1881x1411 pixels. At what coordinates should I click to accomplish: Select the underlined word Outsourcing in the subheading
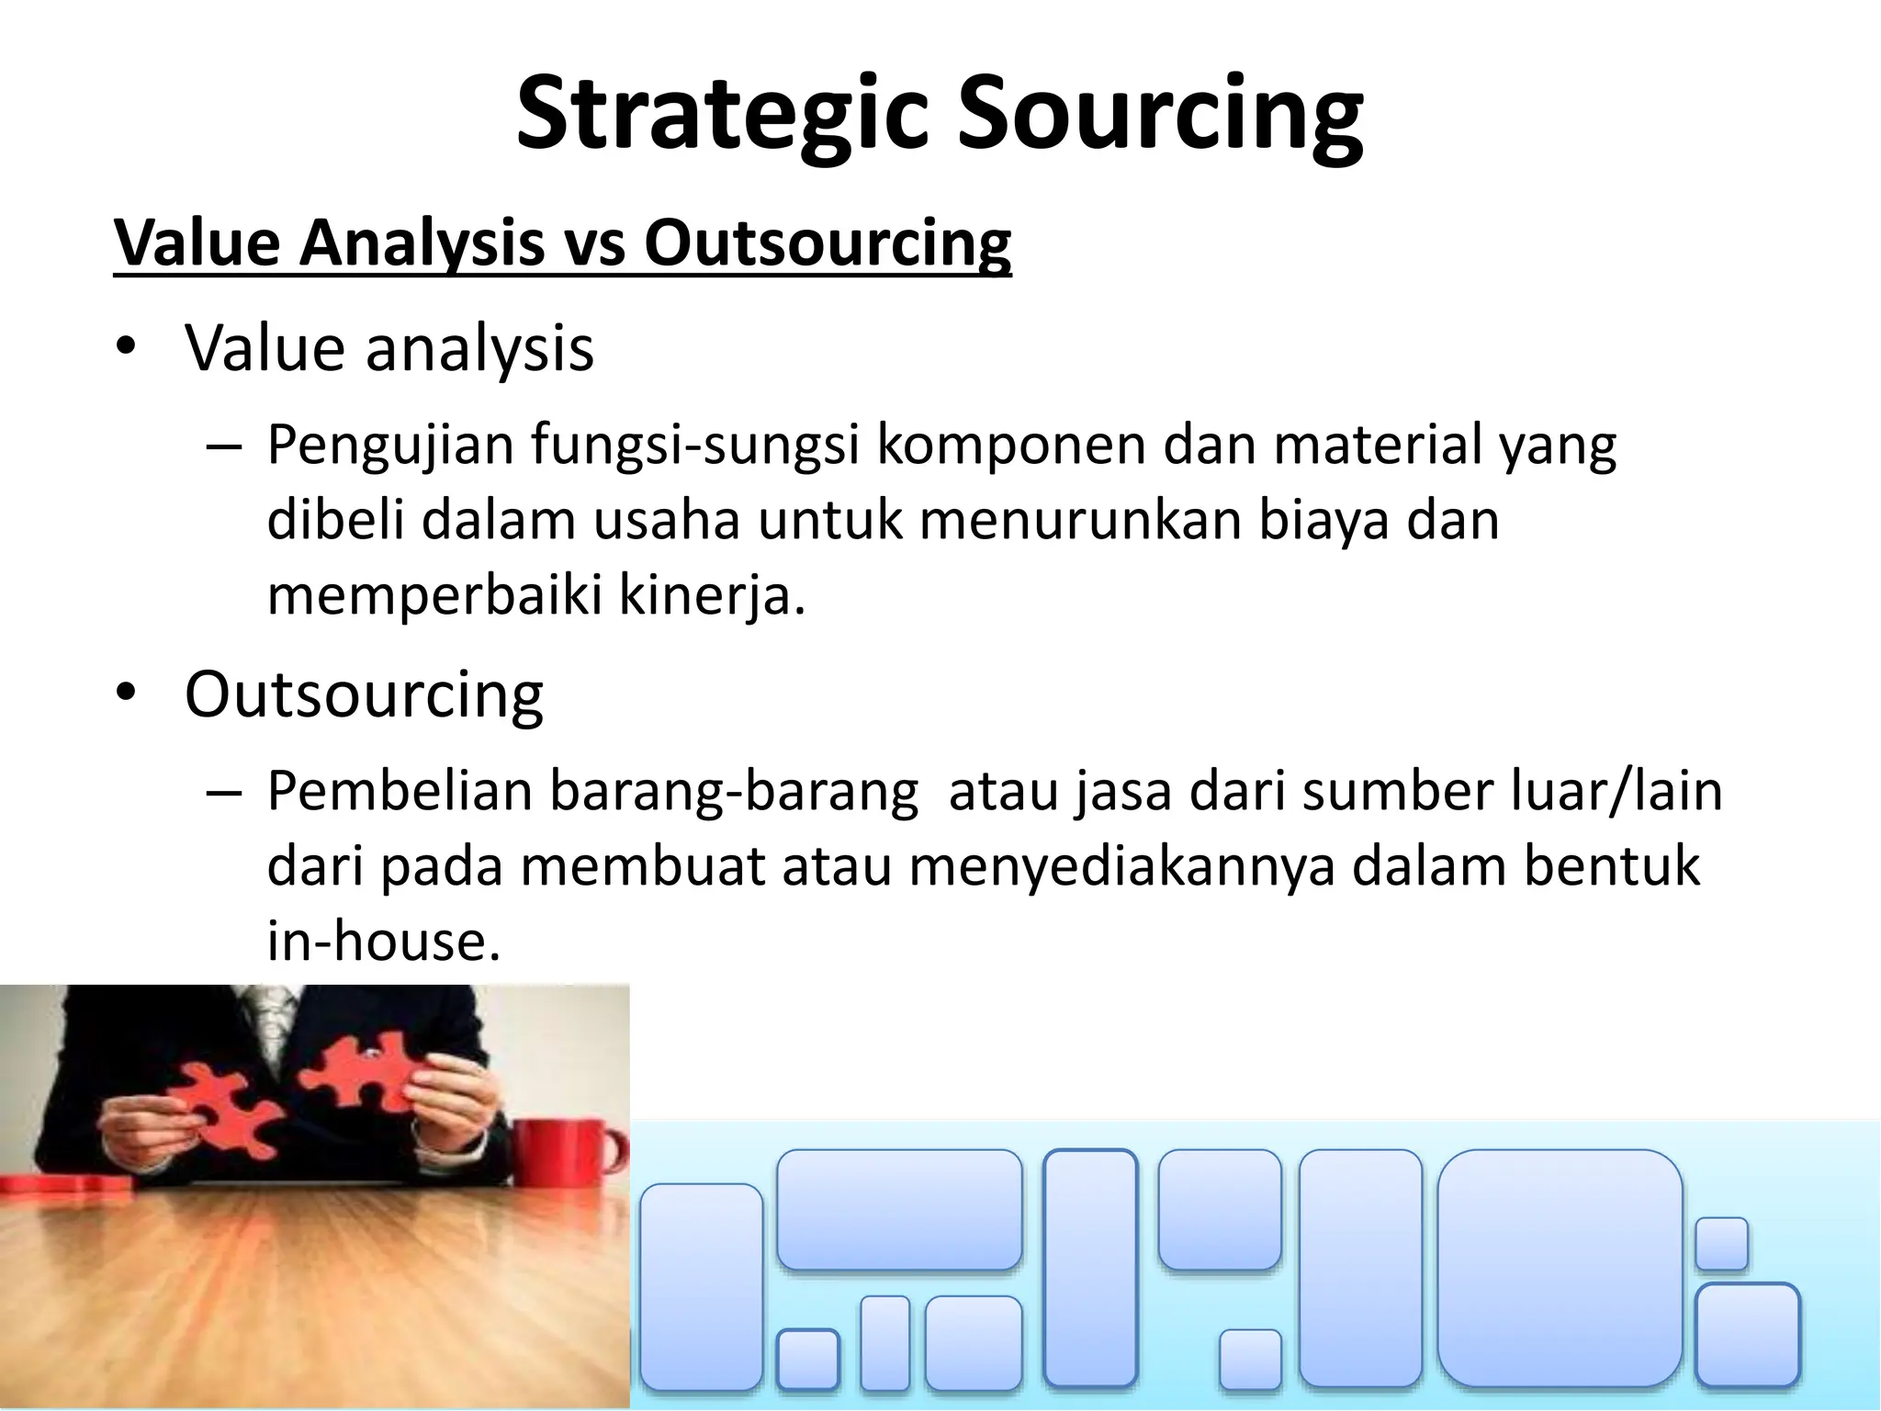click(827, 243)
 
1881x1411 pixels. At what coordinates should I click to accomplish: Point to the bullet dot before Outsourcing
click(126, 693)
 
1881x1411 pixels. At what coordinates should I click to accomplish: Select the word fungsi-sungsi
click(695, 445)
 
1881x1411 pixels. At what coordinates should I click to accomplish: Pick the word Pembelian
click(400, 791)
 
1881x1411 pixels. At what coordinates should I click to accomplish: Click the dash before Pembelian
click(224, 793)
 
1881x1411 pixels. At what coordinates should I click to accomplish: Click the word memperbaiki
click(434, 595)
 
